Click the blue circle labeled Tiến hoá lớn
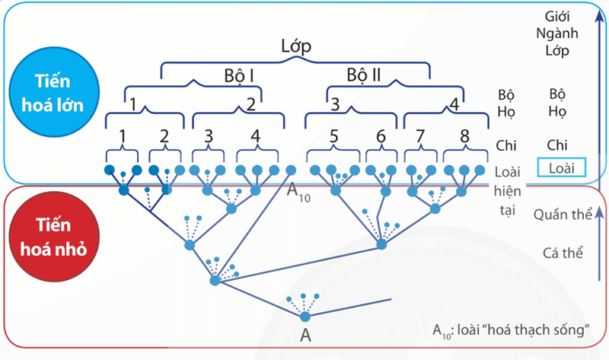(54, 92)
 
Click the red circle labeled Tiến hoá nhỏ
(54, 238)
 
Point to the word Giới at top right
(560, 16)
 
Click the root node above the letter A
(305, 316)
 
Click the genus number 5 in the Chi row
(333, 137)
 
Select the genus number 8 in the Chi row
(463, 137)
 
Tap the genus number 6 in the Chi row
(381, 137)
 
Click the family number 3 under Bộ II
(335, 104)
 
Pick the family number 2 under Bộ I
(251, 104)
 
